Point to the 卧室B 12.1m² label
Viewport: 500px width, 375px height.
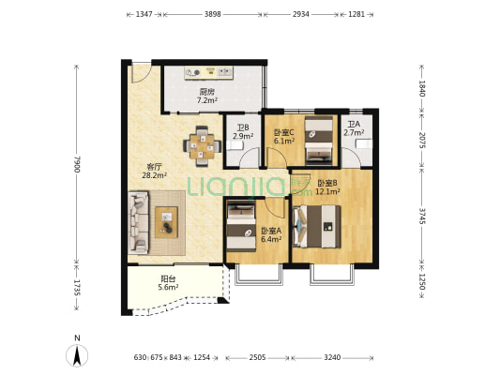327,187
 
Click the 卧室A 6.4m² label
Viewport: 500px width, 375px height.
271,234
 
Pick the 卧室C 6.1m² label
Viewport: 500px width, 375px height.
284,136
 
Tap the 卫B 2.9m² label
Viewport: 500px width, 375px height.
243,132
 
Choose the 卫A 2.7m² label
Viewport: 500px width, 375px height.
354,128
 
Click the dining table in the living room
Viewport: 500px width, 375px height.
202,146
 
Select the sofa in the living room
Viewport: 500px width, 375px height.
138,222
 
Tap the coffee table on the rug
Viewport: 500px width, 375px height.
166,222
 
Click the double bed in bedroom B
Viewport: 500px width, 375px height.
317,226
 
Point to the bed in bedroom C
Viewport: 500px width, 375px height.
319,141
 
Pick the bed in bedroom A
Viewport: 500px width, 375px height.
241,226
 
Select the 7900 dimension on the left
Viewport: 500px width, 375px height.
77,164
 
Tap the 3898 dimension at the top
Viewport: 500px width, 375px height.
213,14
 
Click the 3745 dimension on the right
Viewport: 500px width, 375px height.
422,216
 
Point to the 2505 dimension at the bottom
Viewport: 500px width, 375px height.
257,357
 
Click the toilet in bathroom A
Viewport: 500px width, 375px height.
364,144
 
